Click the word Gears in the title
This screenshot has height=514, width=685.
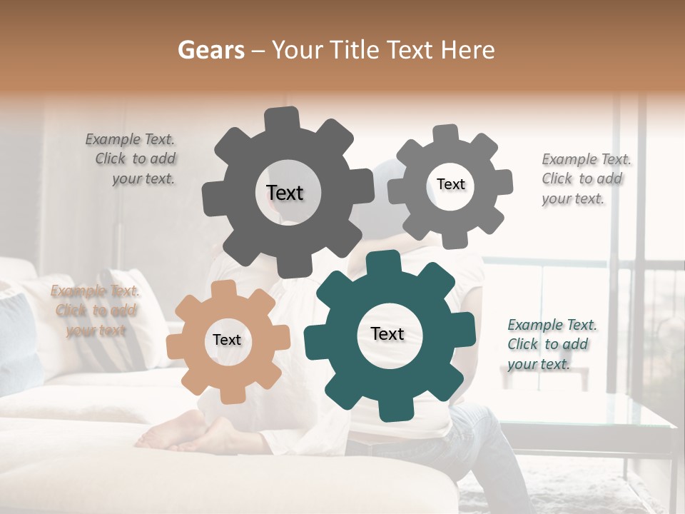point(210,50)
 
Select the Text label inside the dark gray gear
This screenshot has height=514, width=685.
point(285,193)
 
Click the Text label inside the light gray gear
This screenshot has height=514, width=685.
point(450,184)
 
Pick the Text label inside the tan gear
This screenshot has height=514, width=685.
point(227,340)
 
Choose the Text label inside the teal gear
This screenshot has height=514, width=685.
point(387,333)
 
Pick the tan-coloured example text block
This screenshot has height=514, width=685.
point(96,311)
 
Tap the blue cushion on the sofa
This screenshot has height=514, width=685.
point(18,343)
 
